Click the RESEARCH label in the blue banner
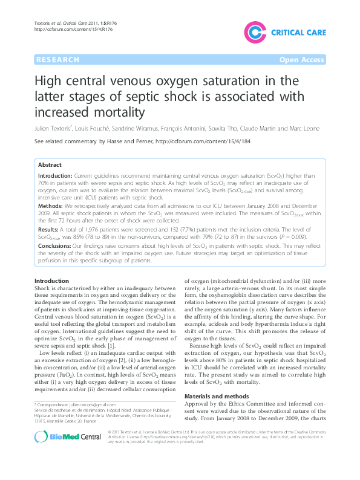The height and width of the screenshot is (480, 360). click(x=57, y=60)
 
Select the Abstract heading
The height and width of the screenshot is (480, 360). click(x=50, y=165)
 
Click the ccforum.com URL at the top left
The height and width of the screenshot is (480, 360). click(x=63, y=29)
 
